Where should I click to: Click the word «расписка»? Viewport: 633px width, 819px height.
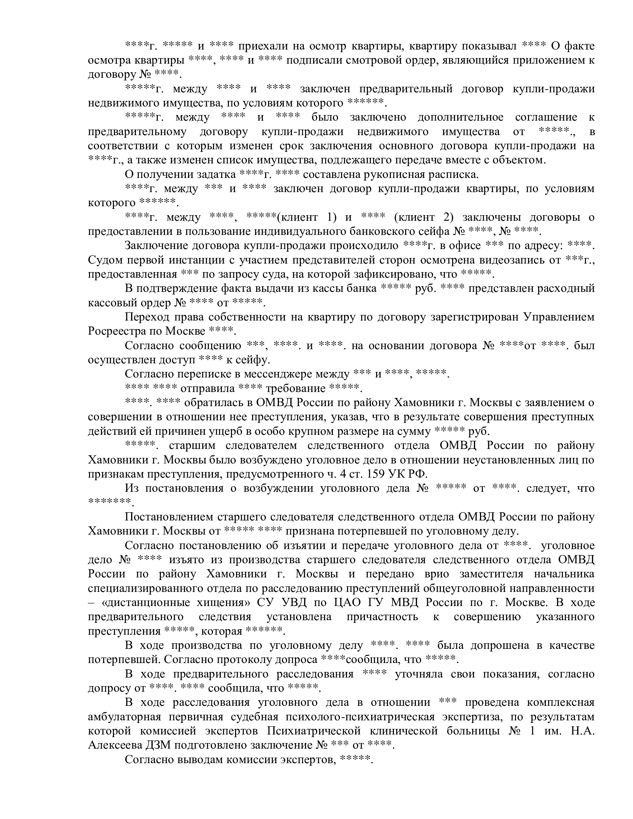(x=455, y=174)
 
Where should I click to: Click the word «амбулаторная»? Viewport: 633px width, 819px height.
(x=123, y=717)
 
